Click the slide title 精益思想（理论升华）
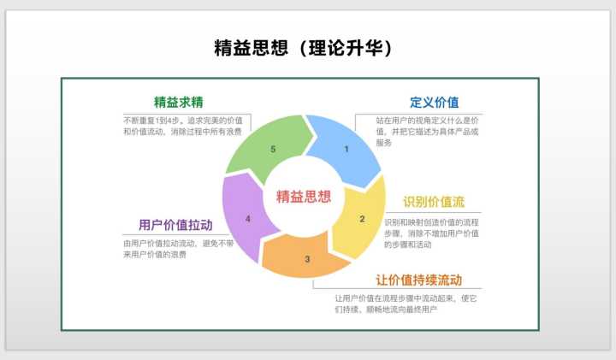(303, 48)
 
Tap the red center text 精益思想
(304, 197)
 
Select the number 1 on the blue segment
(346, 149)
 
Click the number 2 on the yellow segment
(362, 219)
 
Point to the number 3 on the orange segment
(307, 259)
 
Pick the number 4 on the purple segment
(248, 219)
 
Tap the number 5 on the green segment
(273, 149)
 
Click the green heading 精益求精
(179, 102)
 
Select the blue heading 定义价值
(434, 103)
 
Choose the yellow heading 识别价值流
(434, 202)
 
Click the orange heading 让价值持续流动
(418, 280)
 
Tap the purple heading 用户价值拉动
(175, 225)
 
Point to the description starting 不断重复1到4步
(183, 126)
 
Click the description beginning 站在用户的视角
(427, 132)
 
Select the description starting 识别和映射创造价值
(431, 233)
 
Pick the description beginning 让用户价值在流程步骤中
(406, 304)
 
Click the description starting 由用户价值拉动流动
(178, 249)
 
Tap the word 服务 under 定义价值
(384, 143)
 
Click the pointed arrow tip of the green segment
(313, 136)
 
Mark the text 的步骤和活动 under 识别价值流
(407, 245)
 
